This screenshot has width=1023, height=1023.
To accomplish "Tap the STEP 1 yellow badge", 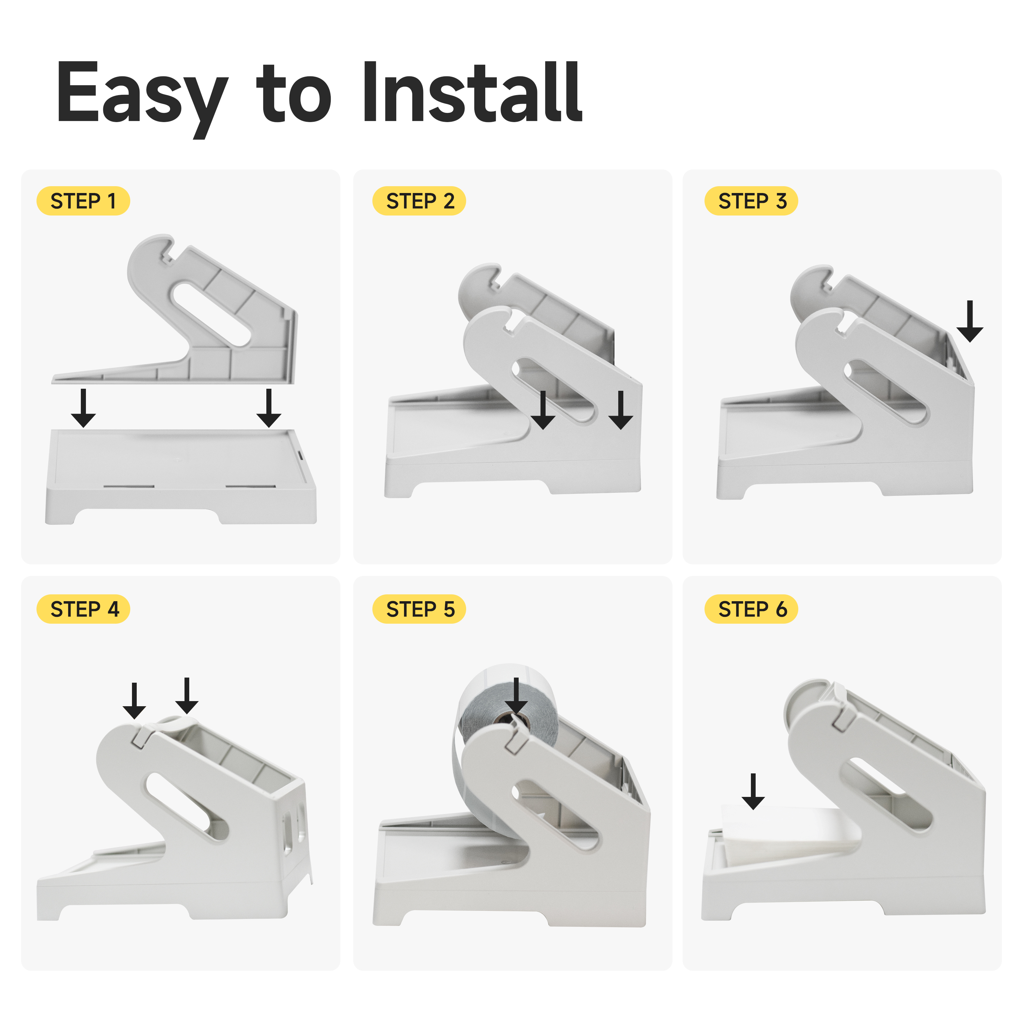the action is pos(83,201).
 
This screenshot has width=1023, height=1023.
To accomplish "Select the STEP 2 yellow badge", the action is pos(419,201).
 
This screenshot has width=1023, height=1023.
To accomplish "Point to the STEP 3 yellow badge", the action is pos(751,201).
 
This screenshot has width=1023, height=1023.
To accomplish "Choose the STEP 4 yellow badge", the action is pos(83,609).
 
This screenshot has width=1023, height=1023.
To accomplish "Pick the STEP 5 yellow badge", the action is pos(419,609).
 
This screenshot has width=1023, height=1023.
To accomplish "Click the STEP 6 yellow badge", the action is pos(751,609).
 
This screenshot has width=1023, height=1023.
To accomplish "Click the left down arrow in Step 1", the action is pos(83,408).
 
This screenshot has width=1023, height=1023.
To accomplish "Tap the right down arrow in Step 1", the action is pos(269,408).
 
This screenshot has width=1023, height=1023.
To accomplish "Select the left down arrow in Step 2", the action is pos(543,410).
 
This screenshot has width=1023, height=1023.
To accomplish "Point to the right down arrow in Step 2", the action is pos(621,410).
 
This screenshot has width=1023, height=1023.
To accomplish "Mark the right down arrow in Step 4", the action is pos(187,696).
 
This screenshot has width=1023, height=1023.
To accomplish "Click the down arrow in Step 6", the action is pos(753,791).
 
